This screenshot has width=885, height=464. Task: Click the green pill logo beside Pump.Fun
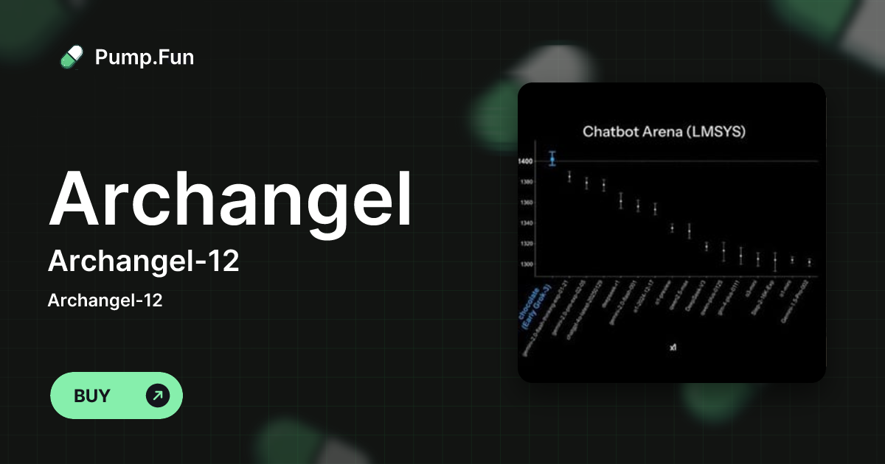pyautogui.click(x=72, y=57)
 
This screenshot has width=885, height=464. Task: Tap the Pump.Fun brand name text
pyautogui.click(x=145, y=57)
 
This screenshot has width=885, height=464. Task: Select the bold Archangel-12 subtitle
pyautogui.click(x=143, y=261)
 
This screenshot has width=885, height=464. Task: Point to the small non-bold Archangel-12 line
pyautogui.click(x=105, y=300)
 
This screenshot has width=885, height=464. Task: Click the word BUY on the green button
pyautogui.click(x=92, y=396)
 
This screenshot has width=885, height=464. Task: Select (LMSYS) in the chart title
pyautogui.click(x=719, y=132)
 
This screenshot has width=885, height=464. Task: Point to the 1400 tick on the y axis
pyautogui.click(x=525, y=161)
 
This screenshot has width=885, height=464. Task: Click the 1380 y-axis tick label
pyautogui.click(x=525, y=182)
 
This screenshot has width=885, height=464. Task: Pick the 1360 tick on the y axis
pyautogui.click(x=525, y=203)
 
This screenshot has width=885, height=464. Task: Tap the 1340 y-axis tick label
pyautogui.click(x=525, y=223)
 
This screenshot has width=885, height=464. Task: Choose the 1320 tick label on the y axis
pyautogui.click(x=525, y=244)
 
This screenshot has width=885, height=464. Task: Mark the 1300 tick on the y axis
pyautogui.click(x=525, y=264)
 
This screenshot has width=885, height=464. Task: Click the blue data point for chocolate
pyautogui.click(x=552, y=158)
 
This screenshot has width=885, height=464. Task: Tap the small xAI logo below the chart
pyautogui.click(x=672, y=346)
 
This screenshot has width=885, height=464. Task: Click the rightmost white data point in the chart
pyautogui.click(x=809, y=261)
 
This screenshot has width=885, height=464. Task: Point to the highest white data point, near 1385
pyautogui.click(x=569, y=176)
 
